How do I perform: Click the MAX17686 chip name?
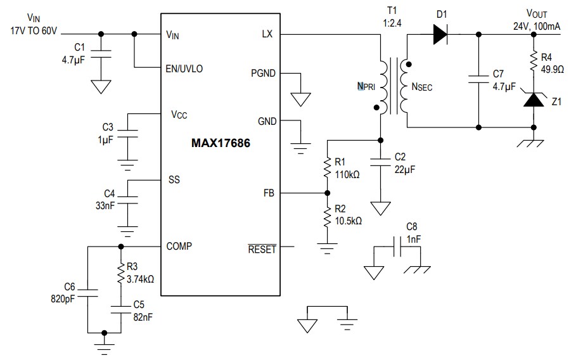(221, 144)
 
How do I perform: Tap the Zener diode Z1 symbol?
(535, 99)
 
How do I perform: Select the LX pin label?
(266, 34)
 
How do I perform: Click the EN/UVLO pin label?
(184, 68)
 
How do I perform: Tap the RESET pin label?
(262, 249)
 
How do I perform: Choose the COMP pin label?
(179, 246)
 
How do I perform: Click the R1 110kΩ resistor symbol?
(327, 168)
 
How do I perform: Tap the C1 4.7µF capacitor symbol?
(100, 56)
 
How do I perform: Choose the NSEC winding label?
(422, 87)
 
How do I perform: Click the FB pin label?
(268, 193)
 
